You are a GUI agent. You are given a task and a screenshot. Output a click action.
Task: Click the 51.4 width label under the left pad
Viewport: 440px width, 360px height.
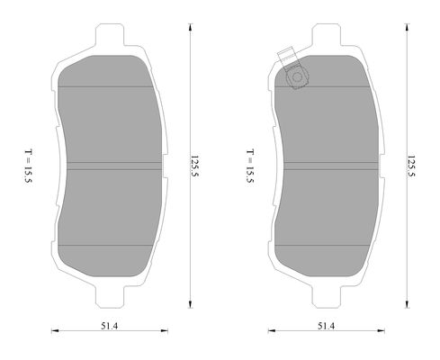click(109, 326)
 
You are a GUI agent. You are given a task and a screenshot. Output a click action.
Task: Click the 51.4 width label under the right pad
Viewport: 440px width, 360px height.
click(326, 326)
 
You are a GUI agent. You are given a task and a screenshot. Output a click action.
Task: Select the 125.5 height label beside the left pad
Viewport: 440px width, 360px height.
click(195, 168)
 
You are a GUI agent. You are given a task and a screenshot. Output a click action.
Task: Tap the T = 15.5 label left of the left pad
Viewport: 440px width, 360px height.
click(29, 166)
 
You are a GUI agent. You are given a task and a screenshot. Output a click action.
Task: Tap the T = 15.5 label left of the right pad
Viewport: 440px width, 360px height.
click(250, 166)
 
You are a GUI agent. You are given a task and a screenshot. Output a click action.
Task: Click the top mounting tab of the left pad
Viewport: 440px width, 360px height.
click(110, 34)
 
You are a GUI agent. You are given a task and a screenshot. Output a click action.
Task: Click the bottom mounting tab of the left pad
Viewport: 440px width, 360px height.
click(110, 297)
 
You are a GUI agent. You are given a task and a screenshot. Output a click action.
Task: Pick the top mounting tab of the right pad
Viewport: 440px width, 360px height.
click(327, 34)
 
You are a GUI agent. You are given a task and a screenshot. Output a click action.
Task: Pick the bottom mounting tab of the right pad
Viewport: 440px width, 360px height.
click(327, 297)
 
